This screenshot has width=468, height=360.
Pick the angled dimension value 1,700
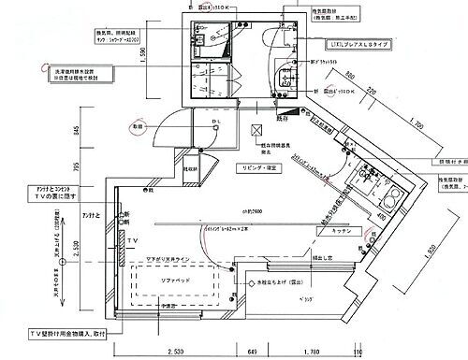point(418,122)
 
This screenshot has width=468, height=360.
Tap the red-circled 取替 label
point(138,125)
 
